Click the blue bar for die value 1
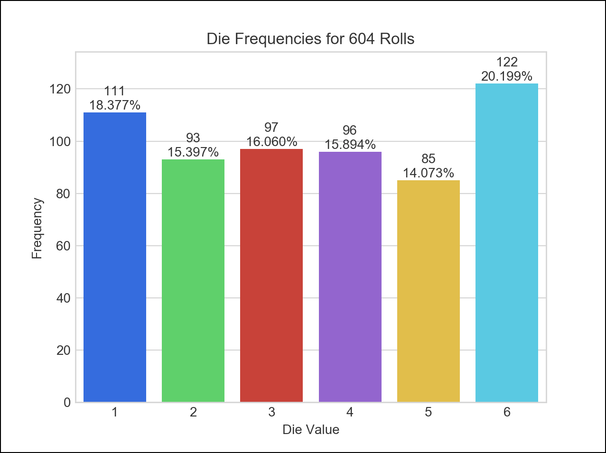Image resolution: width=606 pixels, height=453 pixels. point(115,257)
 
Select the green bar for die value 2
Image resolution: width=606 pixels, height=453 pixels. point(193,281)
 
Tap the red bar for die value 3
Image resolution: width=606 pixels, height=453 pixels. point(271,276)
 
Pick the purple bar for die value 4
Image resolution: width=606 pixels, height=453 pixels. point(350,277)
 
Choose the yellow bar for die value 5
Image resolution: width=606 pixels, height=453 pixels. point(429,291)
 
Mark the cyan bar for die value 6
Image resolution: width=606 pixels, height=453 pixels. point(507,243)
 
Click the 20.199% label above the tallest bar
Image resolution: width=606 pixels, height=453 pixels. point(507,76)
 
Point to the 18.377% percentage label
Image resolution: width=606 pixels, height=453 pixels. point(115,105)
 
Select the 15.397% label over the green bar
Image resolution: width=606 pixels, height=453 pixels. point(193,152)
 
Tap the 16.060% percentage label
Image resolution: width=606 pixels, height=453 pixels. point(271,142)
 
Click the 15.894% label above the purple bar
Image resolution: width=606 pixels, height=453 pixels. point(350,144)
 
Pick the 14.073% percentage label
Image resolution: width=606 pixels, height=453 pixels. point(429,173)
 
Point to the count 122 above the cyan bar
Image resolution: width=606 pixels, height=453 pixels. point(507,62)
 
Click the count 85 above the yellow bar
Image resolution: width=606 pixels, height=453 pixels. point(429,159)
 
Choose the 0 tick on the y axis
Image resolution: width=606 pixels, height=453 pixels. point(67,403)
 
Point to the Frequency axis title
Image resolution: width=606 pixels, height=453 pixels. point(37,229)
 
